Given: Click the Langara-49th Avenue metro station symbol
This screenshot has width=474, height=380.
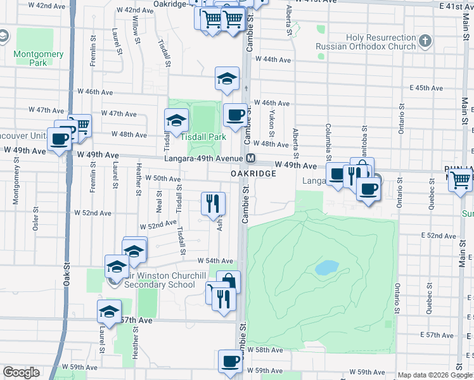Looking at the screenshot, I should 251,158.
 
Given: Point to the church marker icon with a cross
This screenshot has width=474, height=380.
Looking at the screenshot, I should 425,42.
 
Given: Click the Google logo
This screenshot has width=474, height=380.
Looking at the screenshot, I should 21,372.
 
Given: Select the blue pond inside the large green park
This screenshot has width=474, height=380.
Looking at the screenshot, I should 326,267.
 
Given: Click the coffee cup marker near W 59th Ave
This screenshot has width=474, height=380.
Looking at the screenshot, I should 230,362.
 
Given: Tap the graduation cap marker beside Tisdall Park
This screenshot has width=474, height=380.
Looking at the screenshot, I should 177,120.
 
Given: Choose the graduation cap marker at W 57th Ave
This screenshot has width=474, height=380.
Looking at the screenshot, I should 109,312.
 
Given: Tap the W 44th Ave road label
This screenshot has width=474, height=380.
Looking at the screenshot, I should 272,60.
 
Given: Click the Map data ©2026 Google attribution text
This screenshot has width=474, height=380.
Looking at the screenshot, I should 435,375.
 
